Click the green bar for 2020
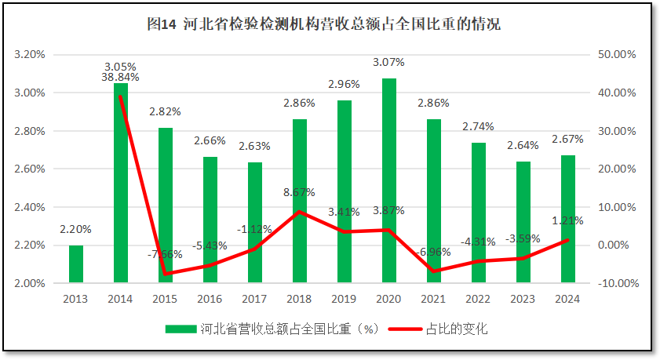(389, 180)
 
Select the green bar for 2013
(76, 264)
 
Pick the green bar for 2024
(568, 219)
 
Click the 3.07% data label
(388, 62)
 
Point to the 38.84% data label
(120, 78)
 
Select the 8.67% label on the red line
(300, 191)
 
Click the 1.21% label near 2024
(568, 220)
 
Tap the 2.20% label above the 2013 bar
(75, 230)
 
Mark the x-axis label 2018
(300, 299)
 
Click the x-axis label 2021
(434, 299)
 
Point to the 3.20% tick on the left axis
(30, 55)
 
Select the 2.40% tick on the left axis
(30, 207)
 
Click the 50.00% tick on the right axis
(616, 55)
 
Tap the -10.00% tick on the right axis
(616, 283)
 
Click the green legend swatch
(180, 329)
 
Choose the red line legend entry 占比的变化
(456, 329)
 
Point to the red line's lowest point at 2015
(166, 274)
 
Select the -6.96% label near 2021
(434, 252)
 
